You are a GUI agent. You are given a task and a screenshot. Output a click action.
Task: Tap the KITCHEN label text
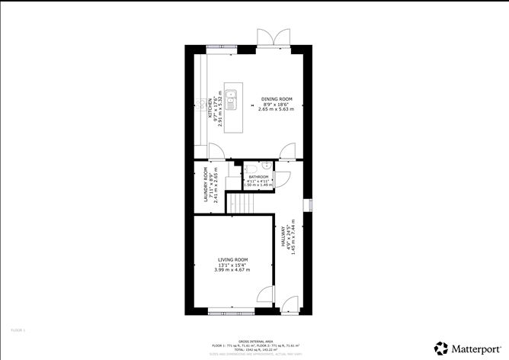210,108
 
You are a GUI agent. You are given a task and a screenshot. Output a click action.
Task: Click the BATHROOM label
258,176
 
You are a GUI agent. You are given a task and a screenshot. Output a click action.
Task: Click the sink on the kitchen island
235,97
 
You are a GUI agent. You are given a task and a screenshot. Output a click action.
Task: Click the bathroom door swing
280,179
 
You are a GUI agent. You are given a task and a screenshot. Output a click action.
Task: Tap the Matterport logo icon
440,347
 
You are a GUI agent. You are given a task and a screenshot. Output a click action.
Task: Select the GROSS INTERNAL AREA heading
254,342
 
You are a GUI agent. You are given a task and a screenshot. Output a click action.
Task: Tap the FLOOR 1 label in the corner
18,329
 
